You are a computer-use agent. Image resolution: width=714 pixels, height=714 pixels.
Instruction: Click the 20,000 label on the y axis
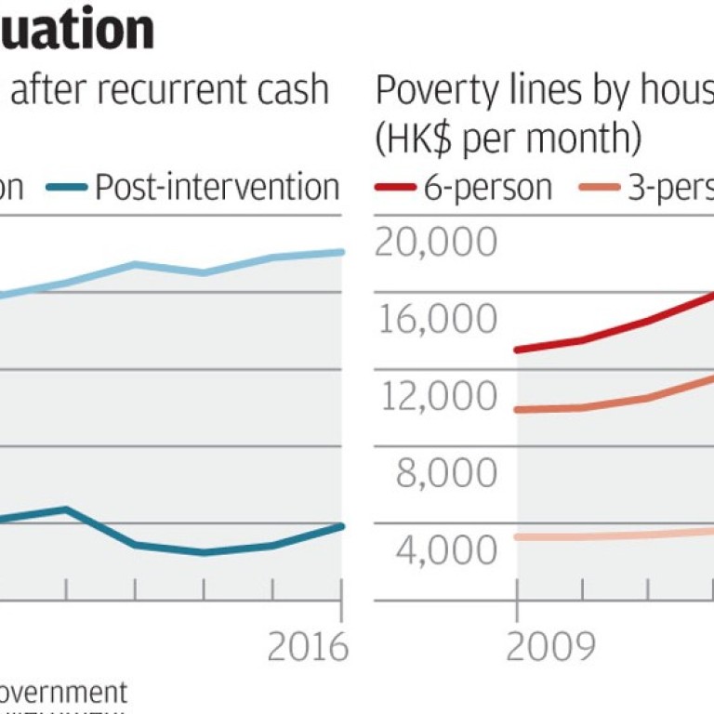(435, 244)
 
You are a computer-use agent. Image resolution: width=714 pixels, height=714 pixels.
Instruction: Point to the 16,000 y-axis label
(435, 320)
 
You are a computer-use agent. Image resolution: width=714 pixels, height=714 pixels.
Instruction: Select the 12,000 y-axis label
(435, 397)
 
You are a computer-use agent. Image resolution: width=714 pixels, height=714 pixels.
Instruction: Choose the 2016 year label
(308, 648)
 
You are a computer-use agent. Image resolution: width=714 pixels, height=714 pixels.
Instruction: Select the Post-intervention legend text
(217, 187)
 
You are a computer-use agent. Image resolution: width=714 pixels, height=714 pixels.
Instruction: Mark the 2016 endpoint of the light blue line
(342, 252)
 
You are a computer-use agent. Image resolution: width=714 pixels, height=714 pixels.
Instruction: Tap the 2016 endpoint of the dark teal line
(342, 526)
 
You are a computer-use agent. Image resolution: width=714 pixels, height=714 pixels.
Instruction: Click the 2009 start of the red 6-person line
(517, 350)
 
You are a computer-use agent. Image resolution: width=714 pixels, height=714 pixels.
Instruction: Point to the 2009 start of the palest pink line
(517, 536)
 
